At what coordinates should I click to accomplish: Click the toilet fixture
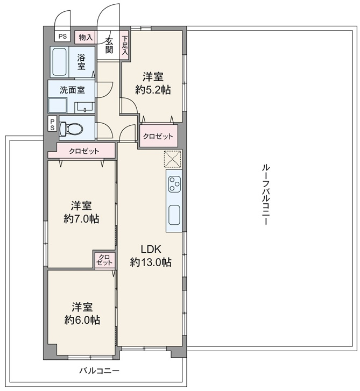(x=72, y=129)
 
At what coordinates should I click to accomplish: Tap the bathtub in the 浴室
(x=59, y=62)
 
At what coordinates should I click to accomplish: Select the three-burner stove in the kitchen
(x=174, y=184)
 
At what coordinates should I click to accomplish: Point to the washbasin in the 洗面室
(x=84, y=107)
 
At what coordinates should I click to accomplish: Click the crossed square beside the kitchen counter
(x=173, y=159)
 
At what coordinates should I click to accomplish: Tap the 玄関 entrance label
(x=109, y=45)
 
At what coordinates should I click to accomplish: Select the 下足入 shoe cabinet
(x=124, y=45)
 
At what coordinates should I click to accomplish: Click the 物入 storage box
(x=86, y=38)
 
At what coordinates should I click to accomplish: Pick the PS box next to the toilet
(x=52, y=124)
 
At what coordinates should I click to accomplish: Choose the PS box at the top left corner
(x=62, y=37)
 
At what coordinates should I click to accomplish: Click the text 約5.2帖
(x=153, y=90)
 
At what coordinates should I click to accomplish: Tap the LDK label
(x=151, y=249)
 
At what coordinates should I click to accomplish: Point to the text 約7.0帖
(x=81, y=219)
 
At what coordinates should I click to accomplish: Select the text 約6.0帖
(x=82, y=319)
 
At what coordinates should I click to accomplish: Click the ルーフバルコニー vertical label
(x=265, y=195)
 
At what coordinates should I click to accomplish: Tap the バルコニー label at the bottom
(x=100, y=371)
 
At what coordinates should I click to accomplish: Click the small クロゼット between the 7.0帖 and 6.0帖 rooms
(x=105, y=260)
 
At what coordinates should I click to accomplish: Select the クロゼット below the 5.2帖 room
(x=158, y=136)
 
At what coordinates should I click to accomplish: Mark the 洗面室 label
(x=72, y=90)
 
